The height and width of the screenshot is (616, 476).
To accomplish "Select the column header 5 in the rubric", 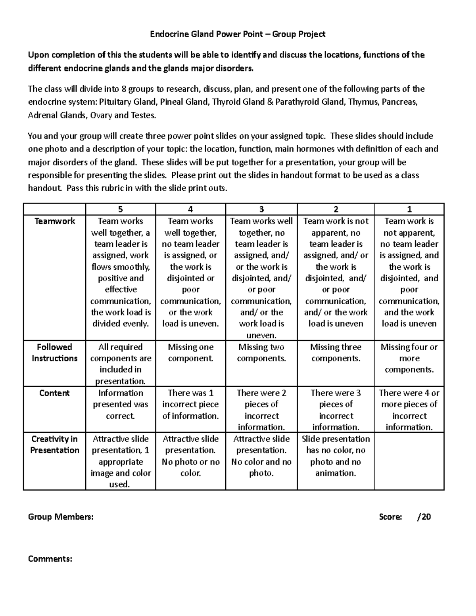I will [x=121, y=209].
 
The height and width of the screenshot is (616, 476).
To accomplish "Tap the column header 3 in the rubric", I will [x=261, y=209].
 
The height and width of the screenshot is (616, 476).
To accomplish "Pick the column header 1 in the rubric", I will [x=409, y=209].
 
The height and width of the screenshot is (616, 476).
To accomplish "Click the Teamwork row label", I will [x=55, y=221].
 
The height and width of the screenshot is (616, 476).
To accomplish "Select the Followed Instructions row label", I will [x=55, y=353].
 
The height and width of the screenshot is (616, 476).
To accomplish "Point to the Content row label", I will [x=55, y=393].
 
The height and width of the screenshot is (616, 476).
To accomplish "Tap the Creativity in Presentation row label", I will [x=55, y=445].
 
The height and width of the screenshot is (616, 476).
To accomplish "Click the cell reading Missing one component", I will [x=190, y=353].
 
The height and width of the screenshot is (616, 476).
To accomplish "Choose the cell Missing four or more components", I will [x=409, y=358].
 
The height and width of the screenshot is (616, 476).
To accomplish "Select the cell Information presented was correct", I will [x=121, y=404].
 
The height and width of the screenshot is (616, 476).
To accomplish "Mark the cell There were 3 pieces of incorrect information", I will [x=336, y=410].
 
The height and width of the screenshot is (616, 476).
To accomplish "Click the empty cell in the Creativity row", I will [x=409, y=461].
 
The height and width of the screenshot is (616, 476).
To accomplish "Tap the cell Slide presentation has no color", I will [x=336, y=456].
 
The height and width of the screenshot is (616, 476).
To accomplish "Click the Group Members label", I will [x=61, y=517].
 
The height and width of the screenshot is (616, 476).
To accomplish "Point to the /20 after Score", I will [x=424, y=517].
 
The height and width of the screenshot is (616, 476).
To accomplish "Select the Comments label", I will [x=50, y=559].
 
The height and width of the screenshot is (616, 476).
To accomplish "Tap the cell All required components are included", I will [x=121, y=364].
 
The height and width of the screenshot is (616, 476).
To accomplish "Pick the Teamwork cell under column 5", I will [x=121, y=272].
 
